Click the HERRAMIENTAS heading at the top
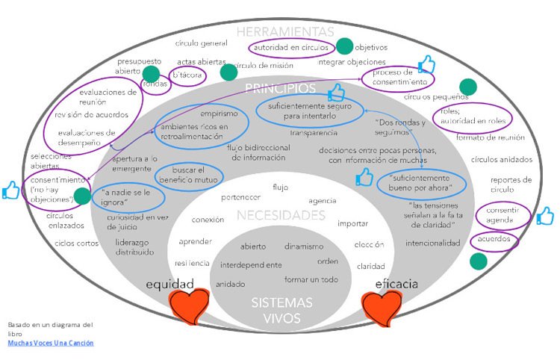285,31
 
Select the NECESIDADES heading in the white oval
281,216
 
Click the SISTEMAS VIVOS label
276,311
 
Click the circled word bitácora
187,75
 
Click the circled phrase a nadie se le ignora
122,198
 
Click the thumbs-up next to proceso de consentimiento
426,64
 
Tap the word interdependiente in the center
251,264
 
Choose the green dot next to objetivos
345,46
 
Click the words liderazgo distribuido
135,247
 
